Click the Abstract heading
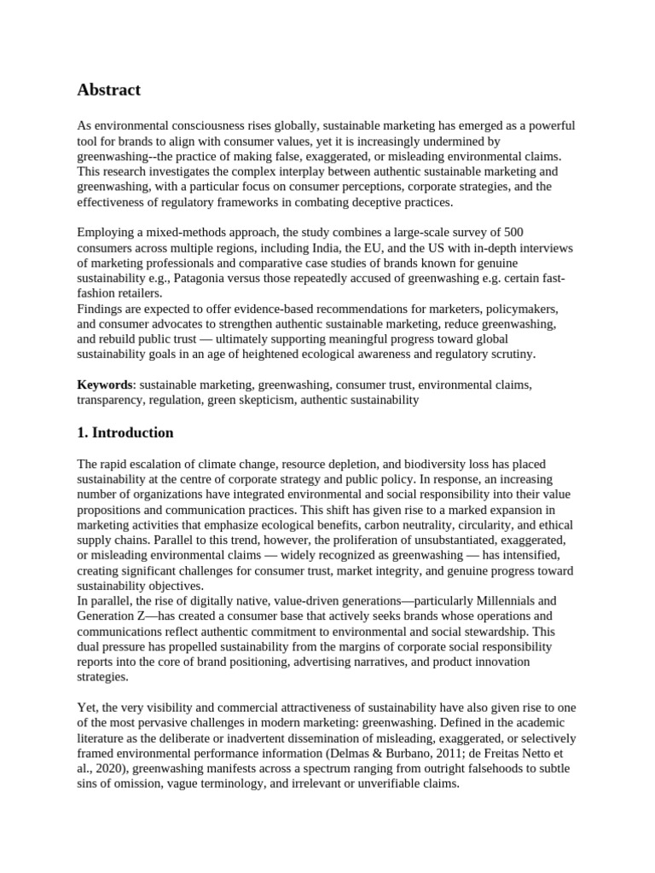(108, 90)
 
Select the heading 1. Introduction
(125, 432)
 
